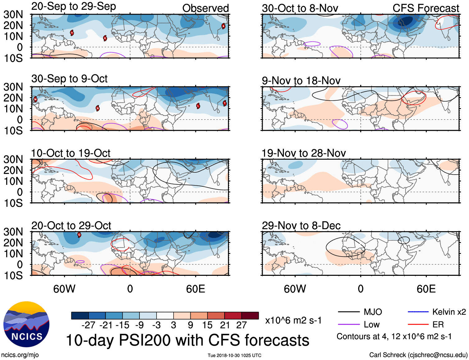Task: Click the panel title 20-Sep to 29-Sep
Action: coord(74,7)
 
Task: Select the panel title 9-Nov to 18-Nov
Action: coord(301,81)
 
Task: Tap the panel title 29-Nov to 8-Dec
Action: coord(301,226)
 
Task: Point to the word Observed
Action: coord(205,8)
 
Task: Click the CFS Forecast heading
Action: coord(426,8)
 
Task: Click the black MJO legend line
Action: coord(348,312)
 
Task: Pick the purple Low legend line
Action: coord(348,325)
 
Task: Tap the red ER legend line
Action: coord(418,325)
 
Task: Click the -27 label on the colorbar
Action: coord(88,325)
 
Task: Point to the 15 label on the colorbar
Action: coord(207,325)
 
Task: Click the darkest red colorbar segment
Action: coord(250,316)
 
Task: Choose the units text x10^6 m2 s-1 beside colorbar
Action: coord(293,320)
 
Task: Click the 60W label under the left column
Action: coord(64,289)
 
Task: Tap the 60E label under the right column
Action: coord(426,289)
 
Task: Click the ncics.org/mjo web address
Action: coord(20,355)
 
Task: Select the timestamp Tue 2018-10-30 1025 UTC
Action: coord(234,355)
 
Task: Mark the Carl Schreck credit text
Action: coord(418,355)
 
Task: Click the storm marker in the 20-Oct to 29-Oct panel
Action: coord(79,235)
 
